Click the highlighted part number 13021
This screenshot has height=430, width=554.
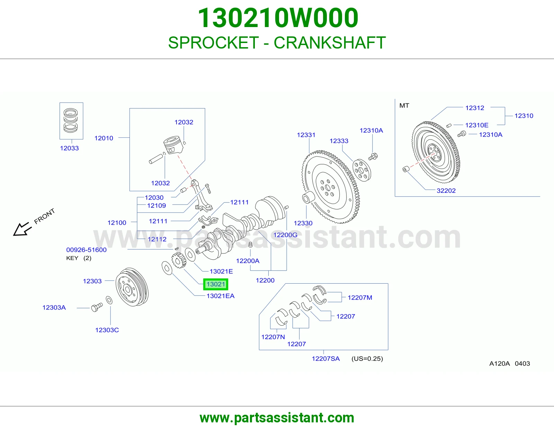coord(216,284)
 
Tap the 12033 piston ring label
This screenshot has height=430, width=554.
coord(69,148)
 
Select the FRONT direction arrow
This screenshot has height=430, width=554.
coord(23,229)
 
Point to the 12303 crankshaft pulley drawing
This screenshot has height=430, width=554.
coord(132,287)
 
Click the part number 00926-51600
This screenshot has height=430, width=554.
coord(87,250)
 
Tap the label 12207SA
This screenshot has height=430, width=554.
coord(326,359)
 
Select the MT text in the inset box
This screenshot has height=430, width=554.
coord(404,105)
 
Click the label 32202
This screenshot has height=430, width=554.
coord(446,190)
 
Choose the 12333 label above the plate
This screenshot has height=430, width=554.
coord(339,141)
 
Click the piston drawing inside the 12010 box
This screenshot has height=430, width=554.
coord(173,145)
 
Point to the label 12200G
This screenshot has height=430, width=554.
coord(285,235)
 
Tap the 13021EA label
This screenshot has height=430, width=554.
coord(221,296)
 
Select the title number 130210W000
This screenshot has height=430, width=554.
coord(278,18)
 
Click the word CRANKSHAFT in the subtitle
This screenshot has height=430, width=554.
coord(330,43)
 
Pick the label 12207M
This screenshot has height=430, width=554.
coord(360,298)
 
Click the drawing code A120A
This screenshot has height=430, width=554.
coord(499,363)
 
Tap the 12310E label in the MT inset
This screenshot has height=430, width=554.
coord(477,125)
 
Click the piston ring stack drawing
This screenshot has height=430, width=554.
coord(71,121)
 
